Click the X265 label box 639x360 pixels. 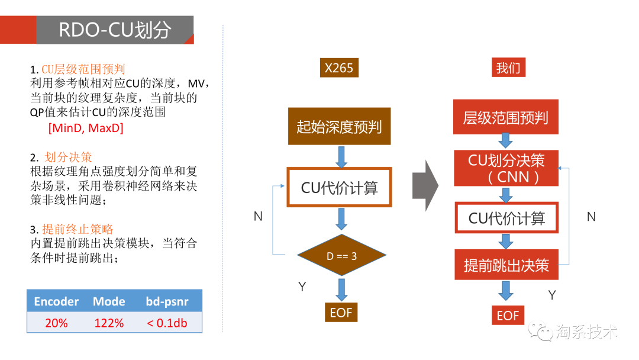pyautogui.click(x=339, y=67)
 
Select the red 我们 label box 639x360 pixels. pyautogui.click(x=508, y=67)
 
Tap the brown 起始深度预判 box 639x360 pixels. pyautogui.click(x=340, y=126)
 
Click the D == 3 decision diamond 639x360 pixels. pyautogui.click(x=341, y=256)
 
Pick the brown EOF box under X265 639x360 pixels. pyautogui.click(x=341, y=312)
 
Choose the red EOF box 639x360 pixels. pyautogui.click(x=508, y=315)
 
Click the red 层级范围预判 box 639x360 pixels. pyautogui.click(x=506, y=117)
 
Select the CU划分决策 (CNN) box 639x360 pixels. pyautogui.click(x=506, y=168)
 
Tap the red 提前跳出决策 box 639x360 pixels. pyautogui.click(x=506, y=265)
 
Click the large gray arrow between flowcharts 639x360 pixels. pyautogui.click(x=425, y=185)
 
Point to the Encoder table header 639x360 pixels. pyautogui.click(x=56, y=301)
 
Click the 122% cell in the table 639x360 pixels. pyautogui.click(x=109, y=323)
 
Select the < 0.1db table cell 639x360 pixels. pyautogui.click(x=167, y=323)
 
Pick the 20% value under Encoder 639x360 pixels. pyautogui.click(x=56, y=323)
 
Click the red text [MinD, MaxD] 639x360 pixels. pyautogui.click(x=86, y=128)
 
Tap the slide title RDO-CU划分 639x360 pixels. pyautogui.click(x=115, y=30)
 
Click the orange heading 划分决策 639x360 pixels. pyautogui.click(x=69, y=157)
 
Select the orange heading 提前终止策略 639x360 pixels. pyautogui.click(x=78, y=229)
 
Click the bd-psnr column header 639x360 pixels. pyautogui.click(x=167, y=301)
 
